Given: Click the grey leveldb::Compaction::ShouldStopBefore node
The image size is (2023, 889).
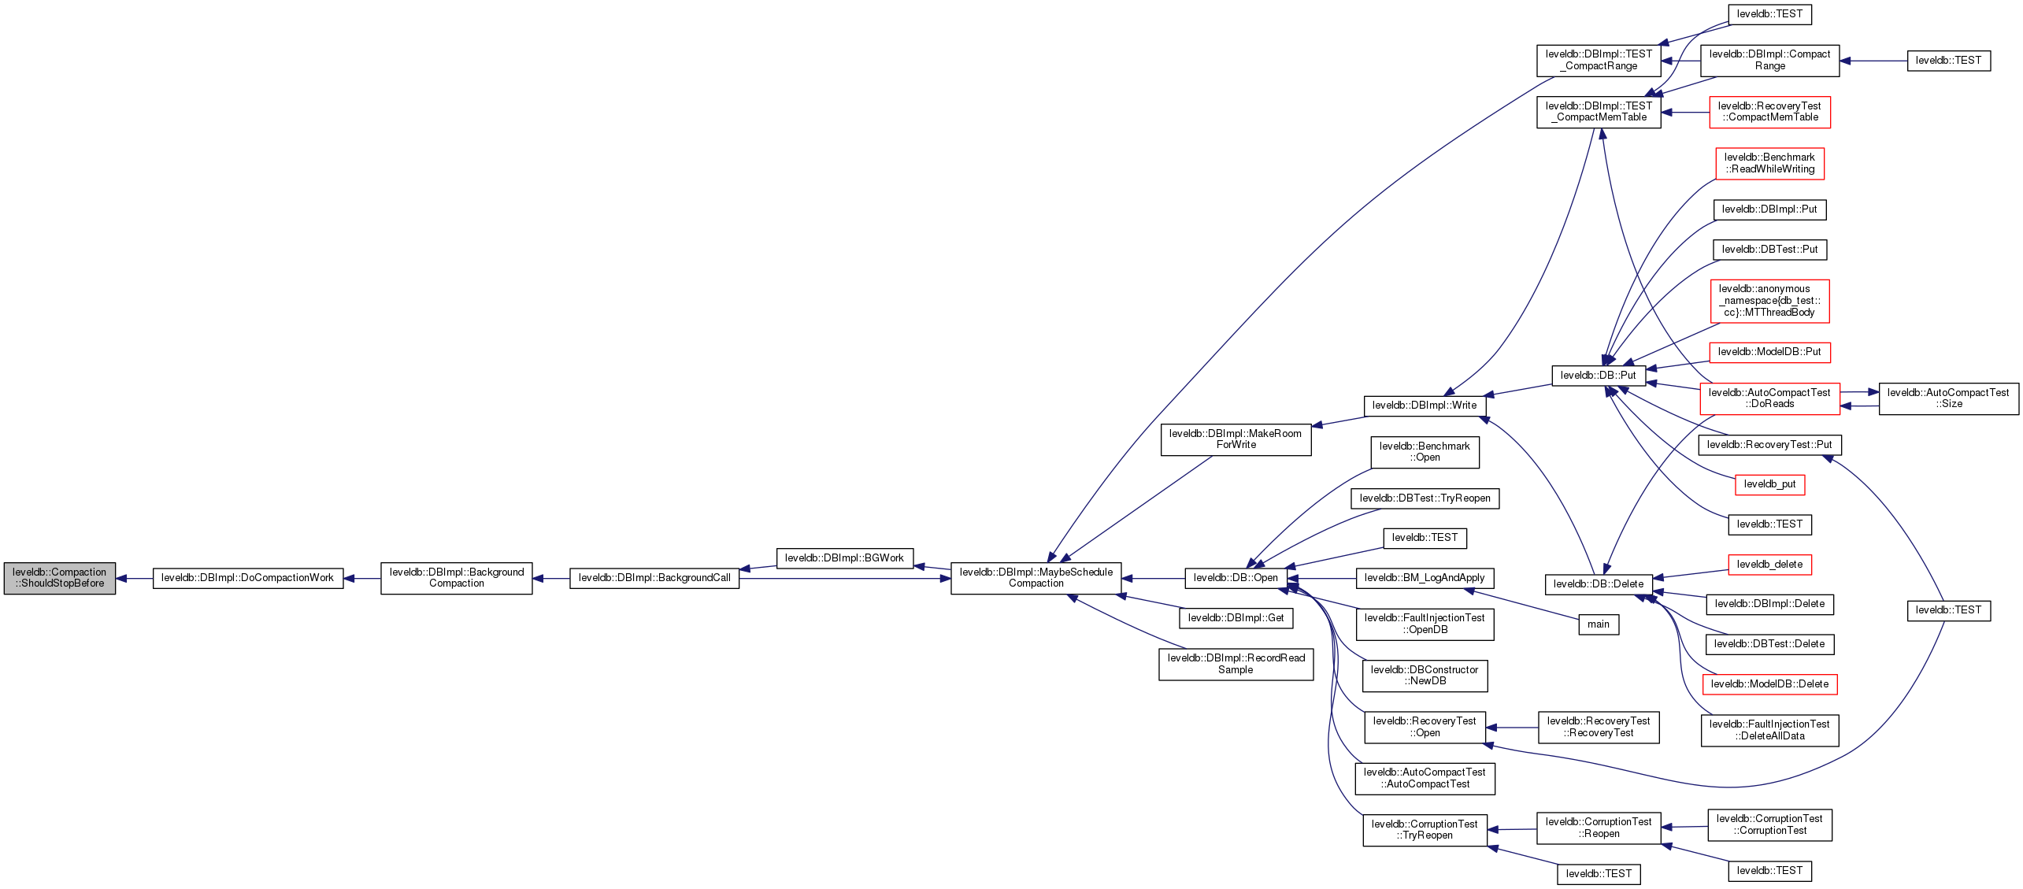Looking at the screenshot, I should pos(60,578).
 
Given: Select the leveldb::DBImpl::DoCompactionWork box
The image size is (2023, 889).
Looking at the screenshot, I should pos(248,578).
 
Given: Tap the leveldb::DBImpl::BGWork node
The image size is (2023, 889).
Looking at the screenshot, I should pos(844,558).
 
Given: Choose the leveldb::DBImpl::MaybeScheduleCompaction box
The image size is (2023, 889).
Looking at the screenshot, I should pos(1036,578).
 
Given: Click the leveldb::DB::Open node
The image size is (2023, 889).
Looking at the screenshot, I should pos(1236,578).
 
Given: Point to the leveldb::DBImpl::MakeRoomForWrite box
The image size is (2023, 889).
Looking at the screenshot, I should pos(1236,439).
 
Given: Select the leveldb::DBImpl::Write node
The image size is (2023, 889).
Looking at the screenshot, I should pos(1425,406).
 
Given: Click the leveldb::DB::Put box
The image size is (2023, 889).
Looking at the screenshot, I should pos(1598,376).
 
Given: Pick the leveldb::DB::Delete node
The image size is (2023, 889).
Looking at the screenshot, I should pos(1598,584).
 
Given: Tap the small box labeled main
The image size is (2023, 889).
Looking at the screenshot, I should pos(1599,624).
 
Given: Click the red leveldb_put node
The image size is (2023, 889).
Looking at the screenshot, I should pos(1769,484).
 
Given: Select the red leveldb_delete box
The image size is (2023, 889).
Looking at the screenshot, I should pos(1769,565).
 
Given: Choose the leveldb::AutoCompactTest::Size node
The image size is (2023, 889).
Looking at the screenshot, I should pos(1948,398).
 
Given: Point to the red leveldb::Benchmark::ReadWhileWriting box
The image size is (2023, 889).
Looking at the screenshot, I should pos(1769,163).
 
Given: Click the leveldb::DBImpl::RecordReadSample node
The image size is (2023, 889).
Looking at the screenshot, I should pos(1236,664).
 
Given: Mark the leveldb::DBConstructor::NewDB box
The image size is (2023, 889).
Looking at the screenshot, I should pos(1425,676).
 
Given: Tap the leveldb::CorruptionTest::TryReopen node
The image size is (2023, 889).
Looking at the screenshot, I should pos(1425,830).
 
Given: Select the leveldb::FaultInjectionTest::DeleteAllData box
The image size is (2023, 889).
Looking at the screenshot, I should pos(1769,730).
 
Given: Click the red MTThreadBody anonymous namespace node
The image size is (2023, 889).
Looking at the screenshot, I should pos(1769,301).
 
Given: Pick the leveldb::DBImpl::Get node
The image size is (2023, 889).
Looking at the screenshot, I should pos(1236,618).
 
